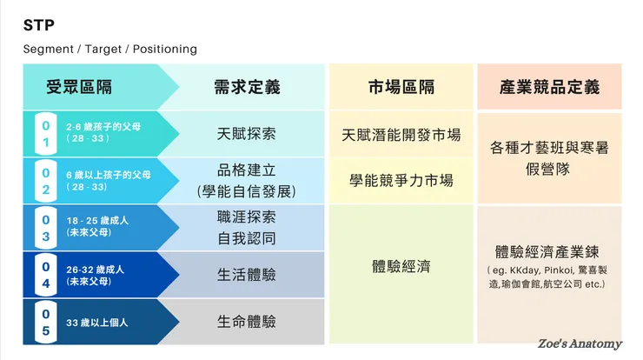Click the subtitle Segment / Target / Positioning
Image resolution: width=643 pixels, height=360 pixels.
110,49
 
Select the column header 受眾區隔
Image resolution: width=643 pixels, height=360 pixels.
79,87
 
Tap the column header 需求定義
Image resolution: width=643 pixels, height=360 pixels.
246,87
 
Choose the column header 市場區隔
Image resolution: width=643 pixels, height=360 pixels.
401,87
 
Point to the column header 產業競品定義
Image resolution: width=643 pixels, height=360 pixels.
549,87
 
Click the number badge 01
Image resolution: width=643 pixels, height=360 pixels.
46,134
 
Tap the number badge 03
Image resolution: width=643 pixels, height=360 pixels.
46,228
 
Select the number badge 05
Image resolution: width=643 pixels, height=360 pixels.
46,322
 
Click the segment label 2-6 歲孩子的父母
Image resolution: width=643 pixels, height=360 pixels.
105,126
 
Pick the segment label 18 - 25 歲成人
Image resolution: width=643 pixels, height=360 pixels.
97,221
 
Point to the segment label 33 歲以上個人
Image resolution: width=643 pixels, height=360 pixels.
97,323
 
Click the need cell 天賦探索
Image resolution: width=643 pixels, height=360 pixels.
246,134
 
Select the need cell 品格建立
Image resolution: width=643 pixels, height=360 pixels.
246,170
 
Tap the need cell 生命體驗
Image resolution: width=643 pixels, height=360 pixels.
246,322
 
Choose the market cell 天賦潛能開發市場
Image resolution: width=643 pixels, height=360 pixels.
401,136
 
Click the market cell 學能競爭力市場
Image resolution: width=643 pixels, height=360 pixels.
401,180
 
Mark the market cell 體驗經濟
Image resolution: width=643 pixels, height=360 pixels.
401,266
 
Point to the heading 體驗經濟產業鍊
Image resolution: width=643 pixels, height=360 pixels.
549,252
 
